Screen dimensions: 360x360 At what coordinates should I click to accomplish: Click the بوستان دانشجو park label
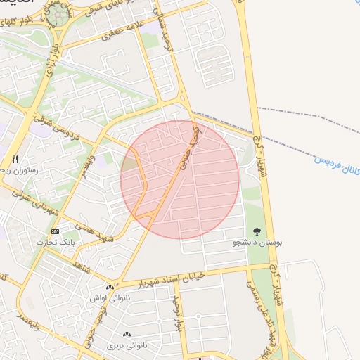coord(258,242)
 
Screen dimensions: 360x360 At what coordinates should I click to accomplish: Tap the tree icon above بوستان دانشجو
coord(257,231)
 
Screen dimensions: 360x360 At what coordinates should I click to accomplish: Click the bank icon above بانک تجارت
coord(55,231)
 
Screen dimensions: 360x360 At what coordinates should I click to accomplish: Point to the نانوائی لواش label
coord(109,297)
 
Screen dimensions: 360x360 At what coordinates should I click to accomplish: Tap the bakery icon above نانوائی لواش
coord(109,287)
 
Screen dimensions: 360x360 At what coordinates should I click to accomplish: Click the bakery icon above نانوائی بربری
coord(127,335)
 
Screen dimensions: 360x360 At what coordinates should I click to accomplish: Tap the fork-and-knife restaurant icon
coord(15,159)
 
